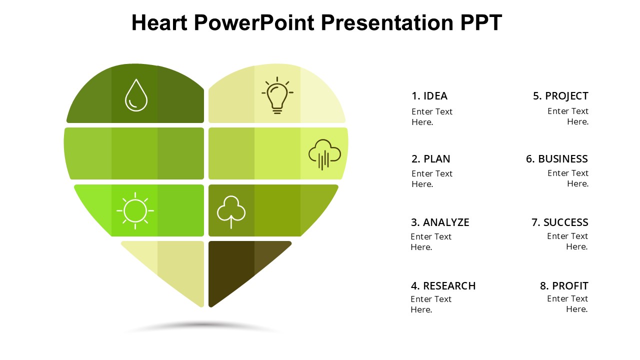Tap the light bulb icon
click(x=277, y=95)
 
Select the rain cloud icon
click(x=324, y=154)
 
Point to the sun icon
click(x=135, y=211)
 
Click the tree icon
click(x=231, y=212)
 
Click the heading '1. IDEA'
click(x=429, y=96)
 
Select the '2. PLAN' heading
click(x=431, y=159)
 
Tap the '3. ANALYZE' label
click(x=440, y=222)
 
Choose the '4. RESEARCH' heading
click(x=443, y=285)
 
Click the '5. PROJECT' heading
click(x=560, y=96)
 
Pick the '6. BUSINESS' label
click(x=557, y=159)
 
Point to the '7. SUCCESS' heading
click(x=560, y=222)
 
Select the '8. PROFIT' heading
click(x=564, y=285)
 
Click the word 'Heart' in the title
click(x=159, y=22)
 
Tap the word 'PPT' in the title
click(x=481, y=22)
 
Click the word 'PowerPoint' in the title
click(x=254, y=22)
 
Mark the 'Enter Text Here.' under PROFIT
click(x=567, y=303)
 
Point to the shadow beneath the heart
click(x=203, y=326)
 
